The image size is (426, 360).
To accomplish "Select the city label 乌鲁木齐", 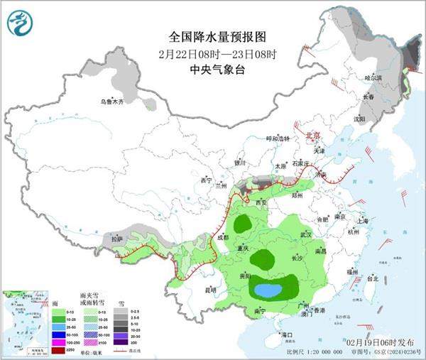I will pyautogui.click(x=111, y=102).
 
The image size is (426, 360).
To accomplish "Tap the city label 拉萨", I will pyautogui.click(x=117, y=240).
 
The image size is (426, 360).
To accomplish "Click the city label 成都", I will pyautogui.click(x=223, y=237).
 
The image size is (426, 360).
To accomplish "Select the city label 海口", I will pyautogui.click(x=286, y=334).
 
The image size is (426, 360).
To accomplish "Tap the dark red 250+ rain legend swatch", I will pyautogui.click(x=57, y=349).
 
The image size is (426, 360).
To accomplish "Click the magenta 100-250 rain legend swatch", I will pyautogui.click(x=57, y=341).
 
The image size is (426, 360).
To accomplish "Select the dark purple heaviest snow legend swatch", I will pyautogui.click(x=121, y=341).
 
